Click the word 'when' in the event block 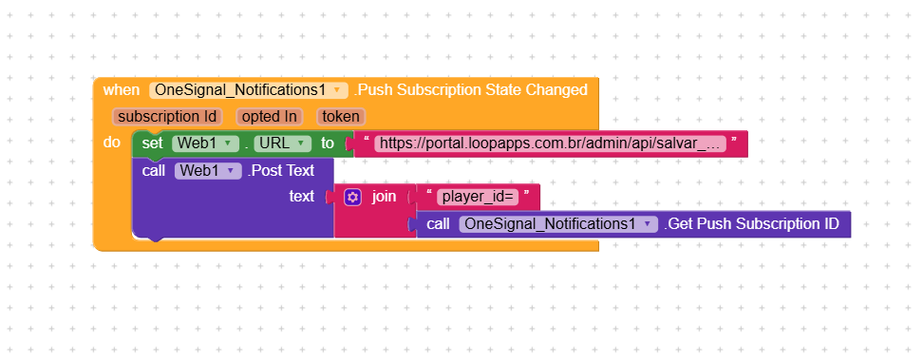tap(121, 90)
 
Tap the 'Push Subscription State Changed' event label tap(471, 90)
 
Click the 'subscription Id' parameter tap(166, 117)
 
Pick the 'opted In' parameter tap(269, 117)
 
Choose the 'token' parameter tap(340, 117)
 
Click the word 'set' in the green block tap(152, 143)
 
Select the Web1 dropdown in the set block tap(205, 143)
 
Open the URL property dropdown tap(282, 143)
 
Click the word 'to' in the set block tap(328, 143)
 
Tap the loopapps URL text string tap(551, 144)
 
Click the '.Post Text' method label tap(281, 171)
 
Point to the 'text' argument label tap(301, 197)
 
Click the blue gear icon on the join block tap(353, 197)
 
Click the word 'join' tap(384, 197)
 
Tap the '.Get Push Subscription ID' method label tap(751, 224)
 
